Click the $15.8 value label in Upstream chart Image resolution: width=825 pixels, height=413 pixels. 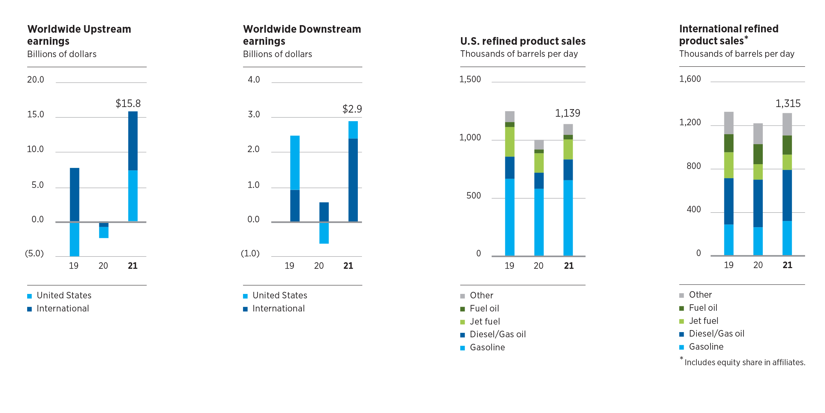(x=128, y=104)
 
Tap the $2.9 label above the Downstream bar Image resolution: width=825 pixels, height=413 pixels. (x=352, y=109)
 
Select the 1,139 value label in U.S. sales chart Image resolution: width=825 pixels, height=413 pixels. (x=568, y=113)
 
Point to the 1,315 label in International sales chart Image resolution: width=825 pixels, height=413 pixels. (x=788, y=104)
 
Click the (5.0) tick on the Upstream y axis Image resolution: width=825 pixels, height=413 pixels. (x=34, y=254)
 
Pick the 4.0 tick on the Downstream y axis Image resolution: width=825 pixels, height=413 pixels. (x=254, y=80)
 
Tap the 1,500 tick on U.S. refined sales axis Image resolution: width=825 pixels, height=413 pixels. (x=470, y=80)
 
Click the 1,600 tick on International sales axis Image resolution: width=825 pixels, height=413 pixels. (x=690, y=79)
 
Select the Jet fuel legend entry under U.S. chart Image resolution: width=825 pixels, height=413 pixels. (x=484, y=321)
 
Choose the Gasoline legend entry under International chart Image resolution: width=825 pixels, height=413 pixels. (x=706, y=347)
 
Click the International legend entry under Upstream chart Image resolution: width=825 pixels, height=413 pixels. (x=63, y=308)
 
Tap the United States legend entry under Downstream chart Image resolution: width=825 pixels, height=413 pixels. (x=279, y=295)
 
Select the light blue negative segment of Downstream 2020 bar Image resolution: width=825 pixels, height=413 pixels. (x=324, y=233)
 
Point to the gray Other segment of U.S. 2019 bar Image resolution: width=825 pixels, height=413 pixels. (x=510, y=116)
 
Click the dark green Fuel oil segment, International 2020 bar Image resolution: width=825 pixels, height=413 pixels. (x=758, y=154)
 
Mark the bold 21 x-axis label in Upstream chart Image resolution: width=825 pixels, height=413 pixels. (x=133, y=266)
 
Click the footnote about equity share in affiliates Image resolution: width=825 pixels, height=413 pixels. (x=744, y=362)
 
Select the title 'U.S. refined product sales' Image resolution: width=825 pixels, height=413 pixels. (x=522, y=41)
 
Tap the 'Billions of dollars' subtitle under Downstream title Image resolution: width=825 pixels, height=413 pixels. (x=277, y=54)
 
